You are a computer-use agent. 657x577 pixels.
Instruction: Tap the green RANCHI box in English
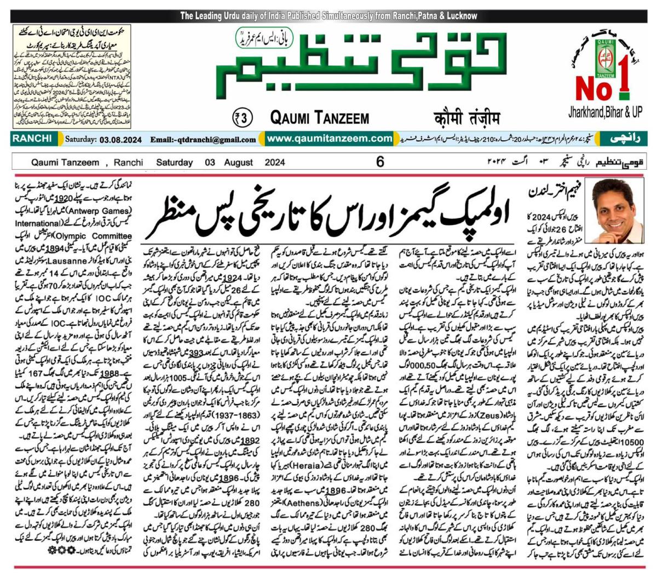[33, 139]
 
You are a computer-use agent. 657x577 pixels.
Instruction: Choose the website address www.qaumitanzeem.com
[330, 139]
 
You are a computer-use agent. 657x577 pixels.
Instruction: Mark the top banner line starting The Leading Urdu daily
[328, 16]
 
